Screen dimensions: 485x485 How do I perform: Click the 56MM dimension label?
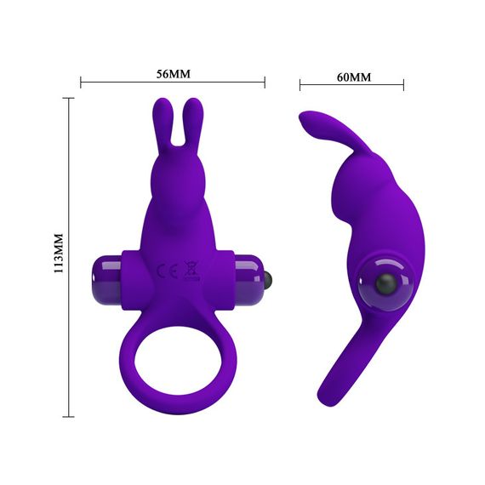point(174,73)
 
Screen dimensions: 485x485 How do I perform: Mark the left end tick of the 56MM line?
point(81,83)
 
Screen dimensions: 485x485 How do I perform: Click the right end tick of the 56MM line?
point(265,83)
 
